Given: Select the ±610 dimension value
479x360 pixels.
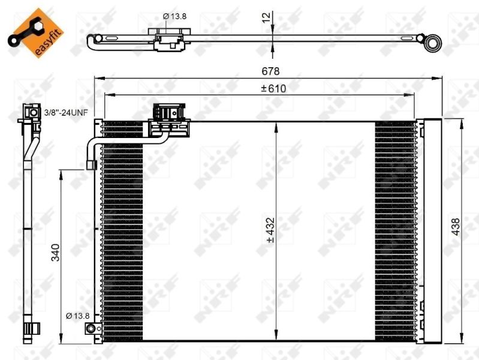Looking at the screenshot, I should [x=272, y=88].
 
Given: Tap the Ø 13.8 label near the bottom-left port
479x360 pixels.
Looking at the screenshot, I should [x=77, y=315].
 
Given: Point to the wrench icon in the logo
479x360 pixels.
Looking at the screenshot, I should [x=23, y=31].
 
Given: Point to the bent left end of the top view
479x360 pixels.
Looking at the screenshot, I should [x=92, y=42].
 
